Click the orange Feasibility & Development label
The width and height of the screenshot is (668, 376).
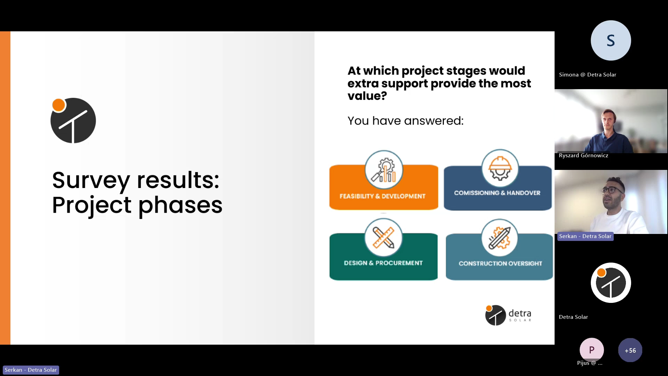click(x=382, y=196)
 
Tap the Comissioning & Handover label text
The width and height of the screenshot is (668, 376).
click(x=497, y=193)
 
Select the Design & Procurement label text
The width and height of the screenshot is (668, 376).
click(x=383, y=263)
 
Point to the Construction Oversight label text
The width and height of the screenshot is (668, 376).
click(x=500, y=264)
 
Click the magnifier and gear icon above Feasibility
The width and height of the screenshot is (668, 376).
click(x=384, y=170)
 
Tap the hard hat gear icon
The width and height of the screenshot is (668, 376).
click(x=500, y=169)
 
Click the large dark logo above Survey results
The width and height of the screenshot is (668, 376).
click(x=73, y=120)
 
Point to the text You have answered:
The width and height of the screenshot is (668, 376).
click(x=406, y=121)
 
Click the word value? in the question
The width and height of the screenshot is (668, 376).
click(x=367, y=96)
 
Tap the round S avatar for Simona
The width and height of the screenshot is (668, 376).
click(x=611, y=40)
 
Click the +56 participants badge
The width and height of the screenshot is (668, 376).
click(x=630, y=350)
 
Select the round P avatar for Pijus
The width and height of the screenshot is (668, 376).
click(x=592, y=350)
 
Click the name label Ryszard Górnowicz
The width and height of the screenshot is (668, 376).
click(x=583, y=156)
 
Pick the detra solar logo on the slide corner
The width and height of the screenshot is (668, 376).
click(x=508, y=315)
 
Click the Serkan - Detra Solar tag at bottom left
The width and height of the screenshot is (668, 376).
click(x=31, y=370)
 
